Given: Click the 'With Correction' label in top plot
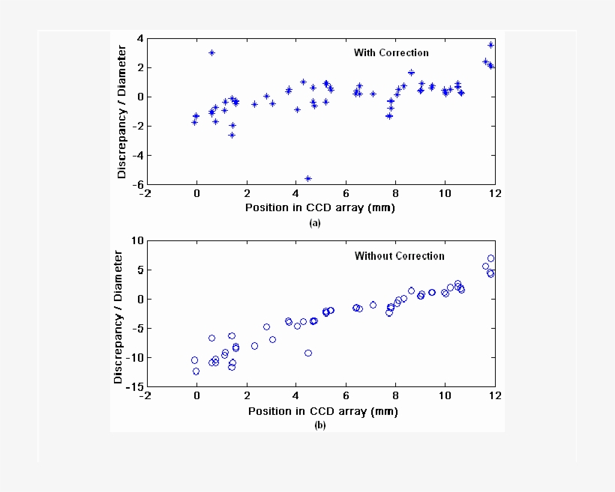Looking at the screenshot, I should (x=391, y=53).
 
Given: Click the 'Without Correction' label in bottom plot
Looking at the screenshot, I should (x=399, y=256).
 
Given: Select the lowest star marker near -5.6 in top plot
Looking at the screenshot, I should (x=308, y=178).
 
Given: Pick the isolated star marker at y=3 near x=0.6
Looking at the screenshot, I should (x=211, y=52).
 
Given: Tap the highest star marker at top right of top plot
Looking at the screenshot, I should (x=490, y=45).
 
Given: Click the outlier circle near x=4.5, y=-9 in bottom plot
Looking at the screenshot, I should (x=308, y=353).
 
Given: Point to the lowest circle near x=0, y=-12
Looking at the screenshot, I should (x=196, y=371).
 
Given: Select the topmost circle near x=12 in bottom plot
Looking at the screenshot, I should (x=490, y=258).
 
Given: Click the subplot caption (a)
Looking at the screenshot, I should (x=315, y=223).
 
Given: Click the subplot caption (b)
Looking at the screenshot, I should (x=320, y=425).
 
